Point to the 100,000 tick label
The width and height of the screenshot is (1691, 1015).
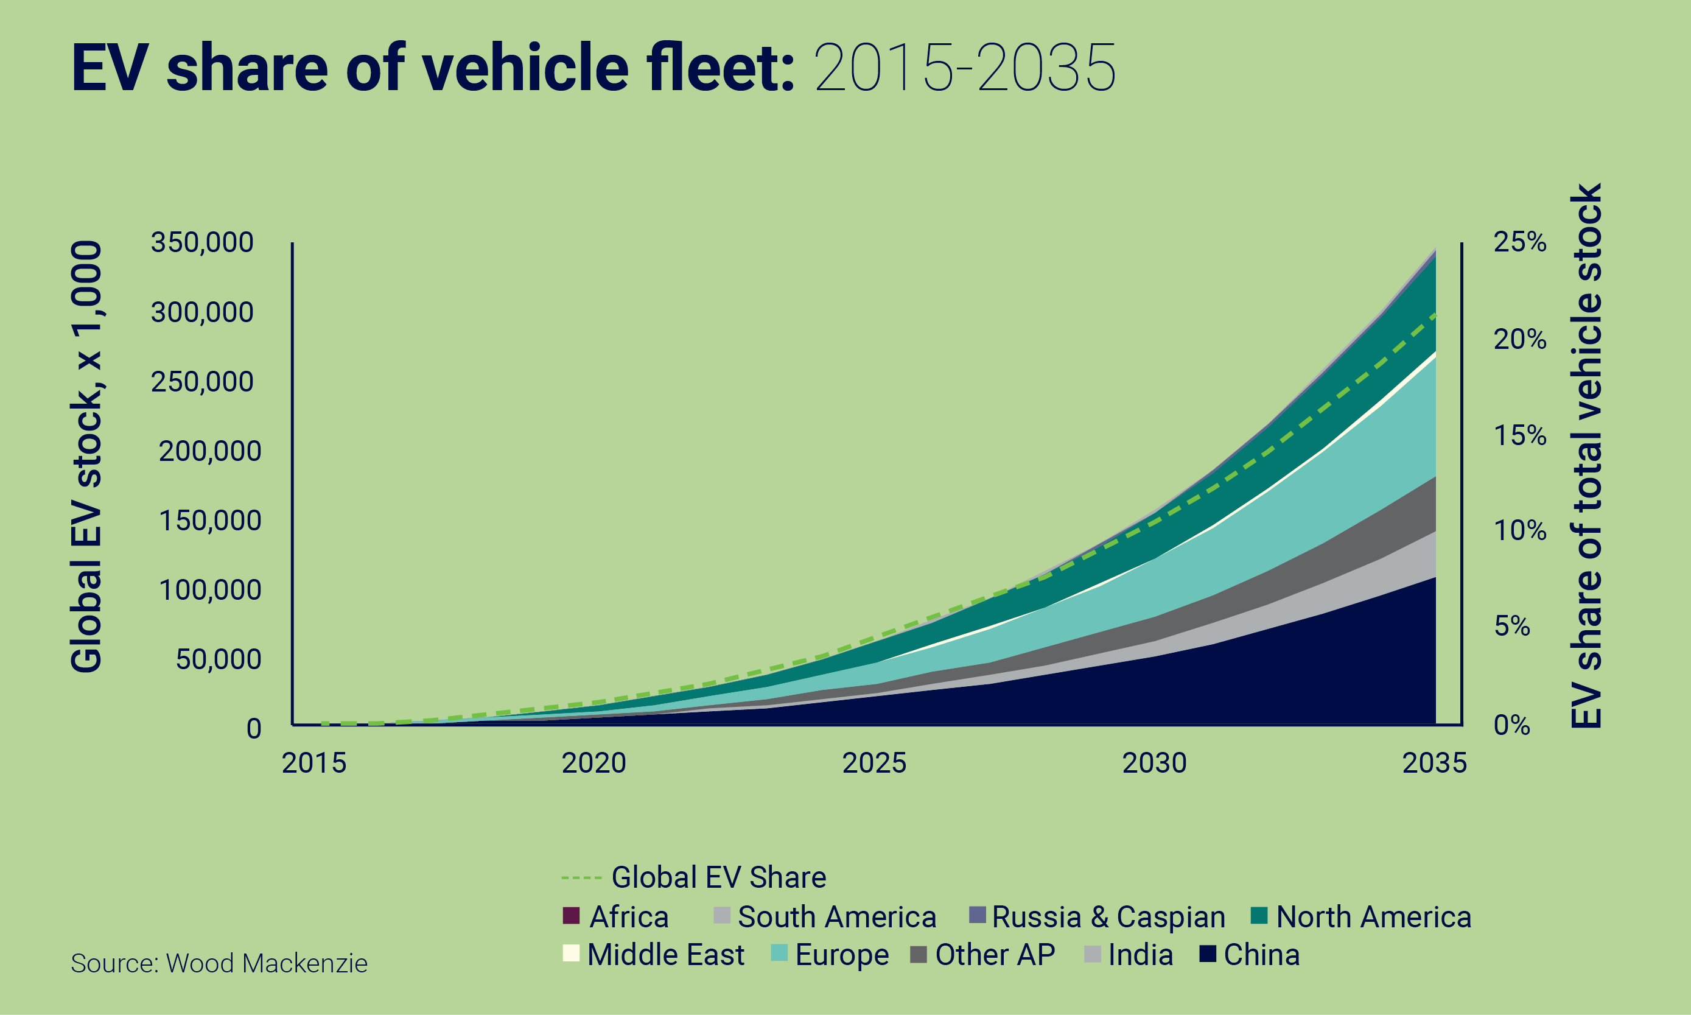coord(210,590)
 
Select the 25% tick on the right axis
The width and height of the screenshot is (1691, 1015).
coord(1519,242)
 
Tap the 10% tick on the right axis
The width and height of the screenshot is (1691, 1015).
coord(1519,531)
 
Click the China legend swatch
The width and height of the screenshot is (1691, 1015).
coord(1208,954)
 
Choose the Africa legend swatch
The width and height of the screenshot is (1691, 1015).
coord(571,916)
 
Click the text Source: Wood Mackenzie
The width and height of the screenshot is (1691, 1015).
coord(219,964)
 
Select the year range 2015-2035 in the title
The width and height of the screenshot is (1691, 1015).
coord(965,68)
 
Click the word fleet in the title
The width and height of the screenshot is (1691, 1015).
coord(711,68)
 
